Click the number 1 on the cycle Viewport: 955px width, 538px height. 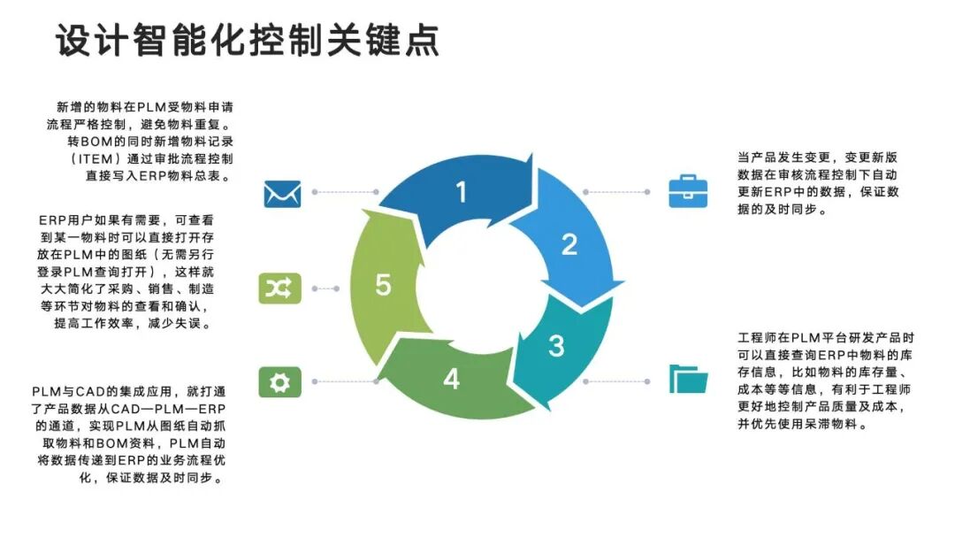coord(461,192)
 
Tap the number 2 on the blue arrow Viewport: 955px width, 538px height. coord(569,243)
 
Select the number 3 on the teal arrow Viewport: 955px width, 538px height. coord(555,345)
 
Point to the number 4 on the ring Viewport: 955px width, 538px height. coord(452,379)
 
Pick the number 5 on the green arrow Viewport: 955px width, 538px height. coord(383,285)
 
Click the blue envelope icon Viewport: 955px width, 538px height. coord(282,193)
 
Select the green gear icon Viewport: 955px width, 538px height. coord(279,381)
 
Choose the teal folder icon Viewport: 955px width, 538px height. coord(688,379)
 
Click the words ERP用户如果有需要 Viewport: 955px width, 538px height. coord(103,219)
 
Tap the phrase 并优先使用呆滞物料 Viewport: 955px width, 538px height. coord(799,425)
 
